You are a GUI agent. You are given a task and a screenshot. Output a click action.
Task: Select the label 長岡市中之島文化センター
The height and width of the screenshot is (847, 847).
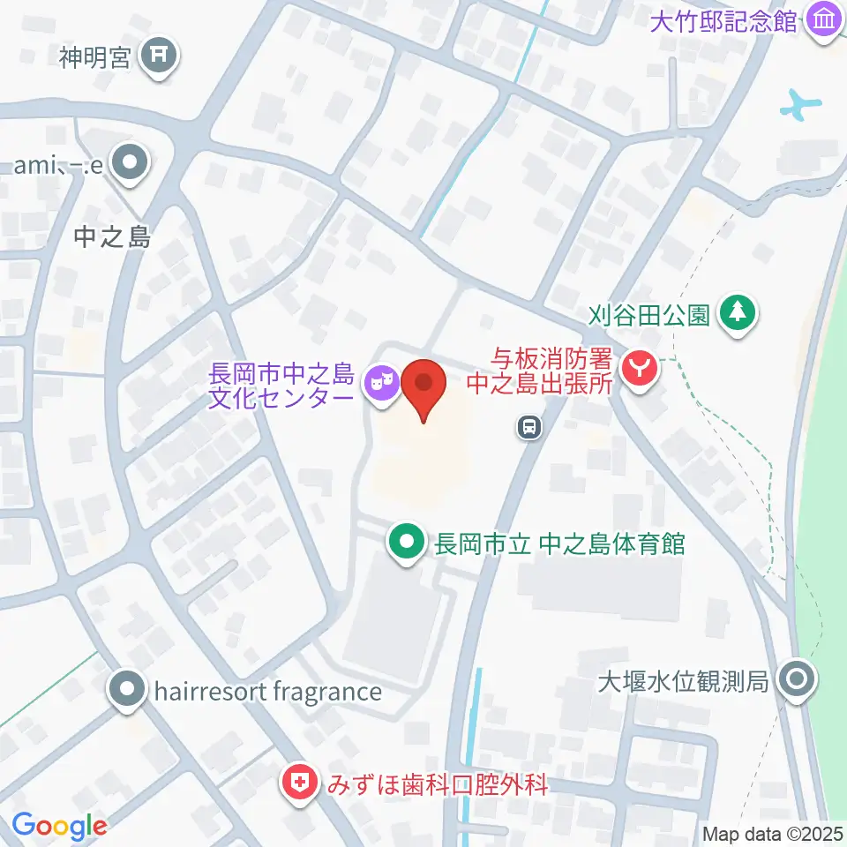pyautogui.click(x=281, y=386)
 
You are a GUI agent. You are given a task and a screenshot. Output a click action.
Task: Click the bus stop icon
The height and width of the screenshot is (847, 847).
pyautogui.click(x=528, y=428)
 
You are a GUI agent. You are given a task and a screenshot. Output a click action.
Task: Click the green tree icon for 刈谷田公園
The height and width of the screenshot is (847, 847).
pyautogui.click(x=738, y=312)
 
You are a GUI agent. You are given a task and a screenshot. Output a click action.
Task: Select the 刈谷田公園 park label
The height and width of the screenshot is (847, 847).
pyautogui.click(x=650, y=314)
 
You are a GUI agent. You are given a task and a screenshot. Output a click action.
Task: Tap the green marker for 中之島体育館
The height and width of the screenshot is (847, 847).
pyautogui.click(x=407, y=542)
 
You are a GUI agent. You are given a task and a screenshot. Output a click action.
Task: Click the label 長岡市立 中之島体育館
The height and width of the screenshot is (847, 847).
pyautogui.click(x=559, y=543)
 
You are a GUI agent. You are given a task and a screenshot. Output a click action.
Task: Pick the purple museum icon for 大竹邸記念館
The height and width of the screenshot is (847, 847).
pyautogui.click(x=824, y=19)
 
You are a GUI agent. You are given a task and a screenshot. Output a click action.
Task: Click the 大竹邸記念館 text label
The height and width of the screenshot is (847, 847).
pyautogui.click(x=723, y=20)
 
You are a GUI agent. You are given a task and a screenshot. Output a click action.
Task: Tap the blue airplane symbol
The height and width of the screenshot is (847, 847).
pyautogui.click(x=800, y=105)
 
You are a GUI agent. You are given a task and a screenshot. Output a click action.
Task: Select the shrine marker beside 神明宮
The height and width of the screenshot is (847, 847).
pyautogui.click(x=160, y=57)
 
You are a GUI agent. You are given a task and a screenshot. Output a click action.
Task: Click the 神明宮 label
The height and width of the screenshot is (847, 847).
pyautogui.click(x=95, y=58)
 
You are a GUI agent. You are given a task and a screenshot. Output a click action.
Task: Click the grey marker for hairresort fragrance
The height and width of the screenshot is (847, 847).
pyautogui.click(x=128, y=689)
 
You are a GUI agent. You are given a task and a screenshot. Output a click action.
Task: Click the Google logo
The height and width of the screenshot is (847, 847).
pyautogui.click(x=59, y=827)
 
